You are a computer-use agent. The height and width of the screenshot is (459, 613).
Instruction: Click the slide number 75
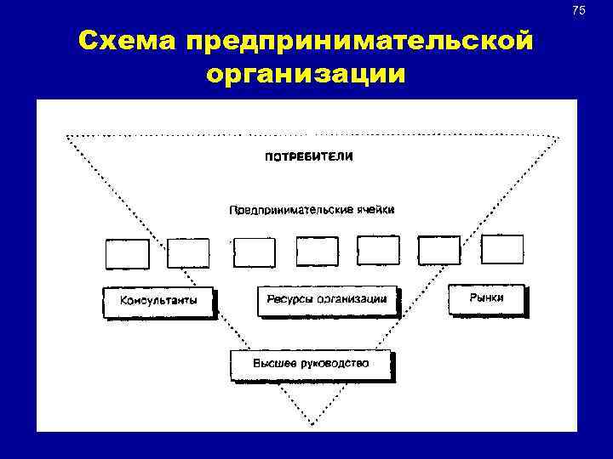coord(579,10)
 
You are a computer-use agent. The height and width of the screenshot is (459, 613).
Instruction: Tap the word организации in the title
coord(306,74)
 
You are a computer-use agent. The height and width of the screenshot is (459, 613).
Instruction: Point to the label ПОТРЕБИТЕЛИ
coord(309,157)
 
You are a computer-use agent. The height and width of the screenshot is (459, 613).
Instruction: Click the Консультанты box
coord(158,301)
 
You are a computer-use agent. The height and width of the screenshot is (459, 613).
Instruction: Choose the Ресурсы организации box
coord(327,300)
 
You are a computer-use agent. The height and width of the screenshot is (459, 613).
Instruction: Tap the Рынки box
coord(486,298)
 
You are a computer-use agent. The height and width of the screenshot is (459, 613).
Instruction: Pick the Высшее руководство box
coord(311,364)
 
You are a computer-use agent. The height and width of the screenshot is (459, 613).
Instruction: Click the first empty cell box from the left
coord(127,253)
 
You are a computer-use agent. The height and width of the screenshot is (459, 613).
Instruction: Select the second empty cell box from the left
coord(188,252)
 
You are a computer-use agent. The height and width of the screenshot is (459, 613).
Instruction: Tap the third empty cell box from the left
coord(255,252)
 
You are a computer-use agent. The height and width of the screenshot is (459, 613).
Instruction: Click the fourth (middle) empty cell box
coord(317,252)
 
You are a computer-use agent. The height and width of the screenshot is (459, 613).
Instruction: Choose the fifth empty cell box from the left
coord(378,251)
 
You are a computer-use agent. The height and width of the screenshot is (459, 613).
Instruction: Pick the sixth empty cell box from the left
coord(439,251)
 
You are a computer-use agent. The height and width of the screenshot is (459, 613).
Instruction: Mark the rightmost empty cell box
coord(502,250)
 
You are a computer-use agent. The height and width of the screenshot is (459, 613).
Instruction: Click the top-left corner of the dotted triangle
coord(67,136)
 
